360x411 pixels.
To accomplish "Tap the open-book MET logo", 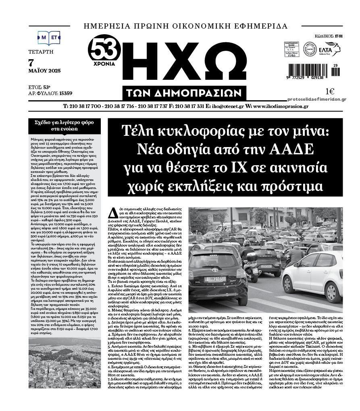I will pyautogui.click(x=48, y=37).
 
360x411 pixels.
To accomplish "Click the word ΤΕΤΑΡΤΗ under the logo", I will pyautogui.click(x=41, y=52).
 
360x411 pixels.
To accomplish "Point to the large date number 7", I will pyautogui.click(x=32, y=63).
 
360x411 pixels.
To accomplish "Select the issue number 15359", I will pyautogui.click(x=65, y=93).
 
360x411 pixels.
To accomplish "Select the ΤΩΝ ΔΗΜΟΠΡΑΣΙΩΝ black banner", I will pyautogui.click(x=186, y=93).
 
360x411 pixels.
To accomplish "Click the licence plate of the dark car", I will pyautogui.click(x=216, y=279).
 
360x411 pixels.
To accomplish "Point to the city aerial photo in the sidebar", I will pyautogui.click(x=65, y=363).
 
